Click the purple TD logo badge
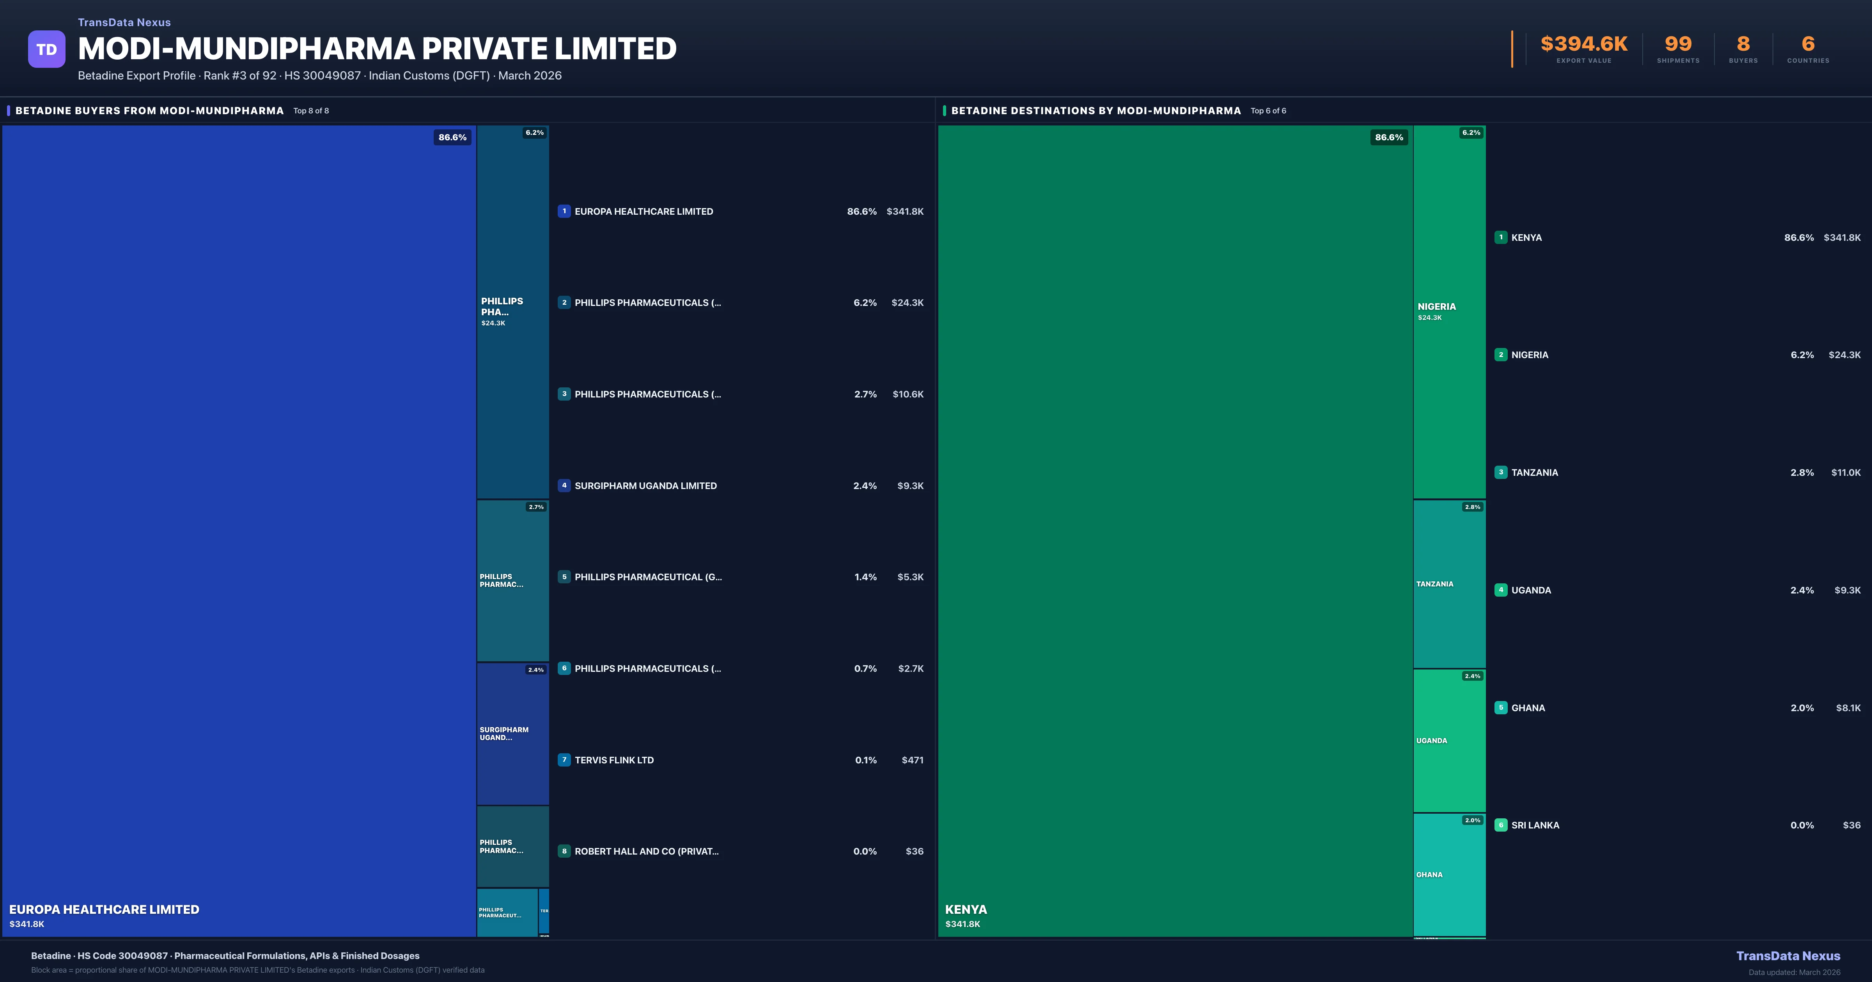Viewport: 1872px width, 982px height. [x=46, y=49]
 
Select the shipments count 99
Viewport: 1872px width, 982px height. [x=1678, y=44]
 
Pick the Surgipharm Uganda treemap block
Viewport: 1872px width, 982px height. [x=512, y=734]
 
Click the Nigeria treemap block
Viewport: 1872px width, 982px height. [x=1449, y=312]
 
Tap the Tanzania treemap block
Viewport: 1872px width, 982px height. [x=1449, y=584]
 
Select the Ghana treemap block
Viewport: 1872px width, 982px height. [x=1449, y=874]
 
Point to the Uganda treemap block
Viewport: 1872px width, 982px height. [x=1449, y=740]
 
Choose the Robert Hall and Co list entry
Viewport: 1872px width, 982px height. [x=646, y=851]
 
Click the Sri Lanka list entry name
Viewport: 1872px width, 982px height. [x=1535, y=825]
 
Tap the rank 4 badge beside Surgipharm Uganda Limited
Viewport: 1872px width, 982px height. [x=564, y=485]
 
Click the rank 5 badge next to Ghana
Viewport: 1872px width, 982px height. [x=1501, y=707]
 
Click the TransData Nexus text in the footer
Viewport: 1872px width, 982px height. [x=1788, y=956]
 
